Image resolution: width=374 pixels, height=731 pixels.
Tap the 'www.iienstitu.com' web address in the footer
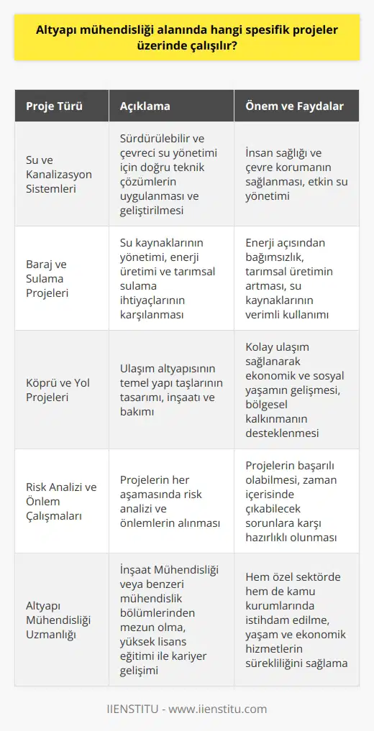pos(223,709)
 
